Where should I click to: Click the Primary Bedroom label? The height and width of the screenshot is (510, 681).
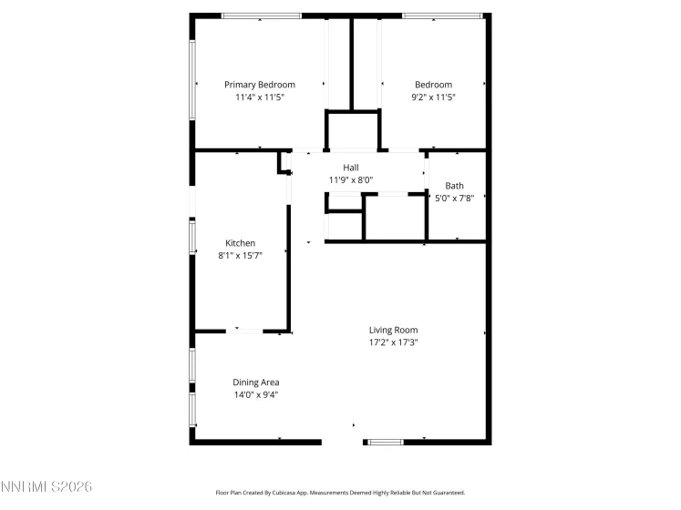260,85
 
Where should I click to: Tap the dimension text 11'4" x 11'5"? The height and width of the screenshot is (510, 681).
260,97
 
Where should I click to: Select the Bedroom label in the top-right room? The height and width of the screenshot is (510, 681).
433,85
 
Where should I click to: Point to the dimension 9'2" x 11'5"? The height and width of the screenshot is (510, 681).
433,97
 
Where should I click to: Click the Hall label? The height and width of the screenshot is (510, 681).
350,168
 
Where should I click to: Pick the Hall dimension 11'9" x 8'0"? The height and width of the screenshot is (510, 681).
350,180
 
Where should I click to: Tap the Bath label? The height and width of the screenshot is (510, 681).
454,185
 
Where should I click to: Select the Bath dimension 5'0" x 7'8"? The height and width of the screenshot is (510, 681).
454,198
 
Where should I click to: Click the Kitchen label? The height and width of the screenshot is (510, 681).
241,243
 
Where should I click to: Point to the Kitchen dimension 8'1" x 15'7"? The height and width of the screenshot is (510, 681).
241,256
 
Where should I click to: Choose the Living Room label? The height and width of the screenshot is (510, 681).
393,330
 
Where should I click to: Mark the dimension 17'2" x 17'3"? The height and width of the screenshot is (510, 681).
393,342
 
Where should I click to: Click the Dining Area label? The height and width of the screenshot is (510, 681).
256,382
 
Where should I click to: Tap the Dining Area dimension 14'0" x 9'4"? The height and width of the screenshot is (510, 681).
256,395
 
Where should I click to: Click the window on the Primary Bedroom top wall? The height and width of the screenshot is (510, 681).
261,15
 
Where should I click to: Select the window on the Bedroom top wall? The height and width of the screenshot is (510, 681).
442,15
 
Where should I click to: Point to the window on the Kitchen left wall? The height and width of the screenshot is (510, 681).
191,237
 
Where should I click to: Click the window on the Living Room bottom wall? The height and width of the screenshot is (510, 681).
384,442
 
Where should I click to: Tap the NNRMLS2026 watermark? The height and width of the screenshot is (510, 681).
46,489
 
